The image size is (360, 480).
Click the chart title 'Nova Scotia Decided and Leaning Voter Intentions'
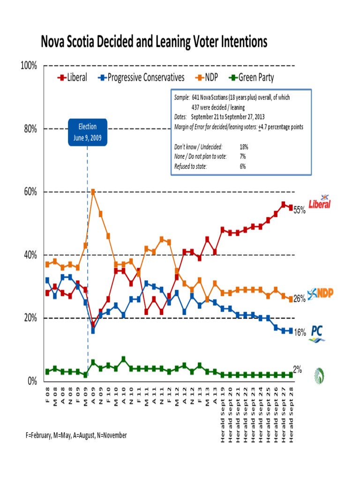coord(154,42)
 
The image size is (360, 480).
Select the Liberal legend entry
coord(73,78)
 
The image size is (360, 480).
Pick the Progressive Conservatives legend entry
coord(141,78)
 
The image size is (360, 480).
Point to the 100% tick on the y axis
coord(29,66)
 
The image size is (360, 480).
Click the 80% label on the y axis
coord(30,129)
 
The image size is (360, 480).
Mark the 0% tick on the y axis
coord(32,381)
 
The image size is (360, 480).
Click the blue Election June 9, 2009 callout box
coord(88,132)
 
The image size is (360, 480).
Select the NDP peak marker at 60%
coord(93,192)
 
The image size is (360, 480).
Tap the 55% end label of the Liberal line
coord(300,211)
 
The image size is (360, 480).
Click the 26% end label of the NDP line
coord(300,299)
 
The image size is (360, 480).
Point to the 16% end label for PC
coord(300,332)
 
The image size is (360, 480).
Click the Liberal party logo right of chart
coord(319,202)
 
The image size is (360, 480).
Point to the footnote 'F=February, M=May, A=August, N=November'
coord(76,435)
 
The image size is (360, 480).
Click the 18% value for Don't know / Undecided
coord(244,147)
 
